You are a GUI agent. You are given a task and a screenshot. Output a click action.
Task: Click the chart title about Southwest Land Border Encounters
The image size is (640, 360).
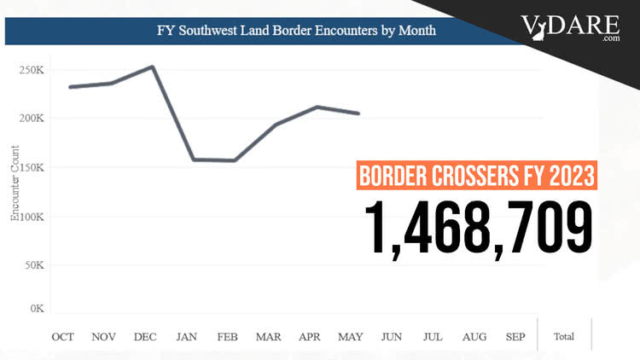point(296,31)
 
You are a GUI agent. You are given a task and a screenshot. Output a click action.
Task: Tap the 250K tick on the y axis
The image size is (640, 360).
point(32,70)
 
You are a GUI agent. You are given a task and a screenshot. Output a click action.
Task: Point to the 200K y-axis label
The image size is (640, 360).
point(32,118)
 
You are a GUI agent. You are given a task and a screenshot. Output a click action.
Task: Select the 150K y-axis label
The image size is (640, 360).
point(32,167)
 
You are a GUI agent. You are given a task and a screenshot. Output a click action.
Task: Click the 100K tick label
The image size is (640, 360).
point(32,217)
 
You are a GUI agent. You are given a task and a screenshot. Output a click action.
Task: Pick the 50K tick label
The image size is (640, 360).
point(35,266)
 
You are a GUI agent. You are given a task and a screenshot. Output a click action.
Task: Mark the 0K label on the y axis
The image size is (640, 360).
point(38,308)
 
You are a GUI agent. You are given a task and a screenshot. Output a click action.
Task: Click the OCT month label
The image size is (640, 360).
point(64,337)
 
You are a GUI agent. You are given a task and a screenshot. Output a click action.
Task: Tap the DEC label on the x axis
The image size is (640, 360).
point(146,337)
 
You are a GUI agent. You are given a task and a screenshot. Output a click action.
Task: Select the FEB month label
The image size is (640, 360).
point(228,337)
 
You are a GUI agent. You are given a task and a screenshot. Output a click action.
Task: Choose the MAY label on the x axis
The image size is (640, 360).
point(351,337)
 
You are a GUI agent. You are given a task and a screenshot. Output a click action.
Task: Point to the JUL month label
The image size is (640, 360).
point(433,337)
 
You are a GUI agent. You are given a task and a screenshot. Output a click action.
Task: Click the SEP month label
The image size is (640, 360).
point(515,337)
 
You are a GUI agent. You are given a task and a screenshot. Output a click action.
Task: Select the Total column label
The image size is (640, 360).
point(564,337)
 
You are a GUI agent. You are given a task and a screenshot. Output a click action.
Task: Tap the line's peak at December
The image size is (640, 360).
point(152,67)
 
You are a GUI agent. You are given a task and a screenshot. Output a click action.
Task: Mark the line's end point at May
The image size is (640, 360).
point(358,113)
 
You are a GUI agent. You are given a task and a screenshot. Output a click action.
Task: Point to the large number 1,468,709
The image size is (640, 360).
point(479,226)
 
